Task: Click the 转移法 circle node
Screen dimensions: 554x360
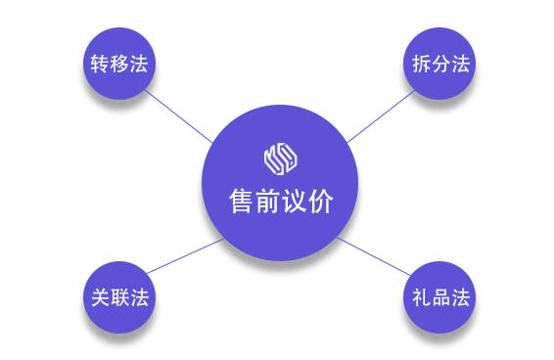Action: click(x=118, y=65)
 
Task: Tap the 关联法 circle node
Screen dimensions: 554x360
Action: click(x=118, y=297)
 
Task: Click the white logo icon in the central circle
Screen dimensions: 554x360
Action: click(x=280, y=157)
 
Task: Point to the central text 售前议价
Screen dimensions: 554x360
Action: click(x=280, y=202)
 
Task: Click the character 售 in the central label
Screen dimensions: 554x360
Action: click(x=241, y=202)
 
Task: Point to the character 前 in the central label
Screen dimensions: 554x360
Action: click(x=267, y=202)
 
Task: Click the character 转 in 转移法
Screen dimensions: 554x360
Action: click(x=99, y=65)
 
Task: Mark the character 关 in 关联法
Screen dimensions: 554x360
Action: click(x=99, y=297)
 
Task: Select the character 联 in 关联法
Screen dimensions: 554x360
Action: click(x=118, y=297)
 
